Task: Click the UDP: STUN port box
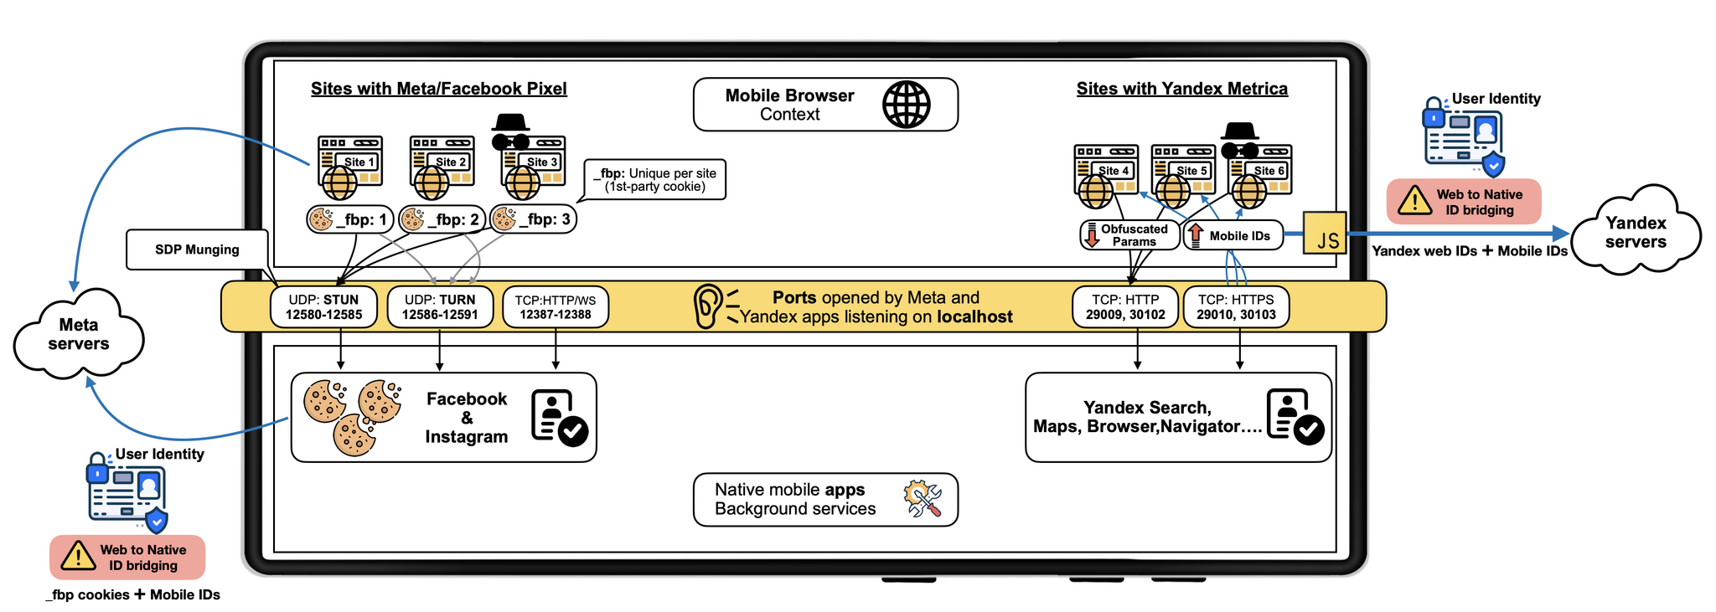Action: (323, 307)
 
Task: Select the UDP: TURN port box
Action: (440, 307)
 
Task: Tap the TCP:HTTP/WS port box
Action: (556, 307)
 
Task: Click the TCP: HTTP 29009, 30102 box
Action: (1125, 307)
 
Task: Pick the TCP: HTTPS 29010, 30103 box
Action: (1236, 307)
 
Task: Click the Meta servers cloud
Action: (79, 334)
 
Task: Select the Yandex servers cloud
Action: (1636, 232)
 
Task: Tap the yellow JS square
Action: (1325, 233)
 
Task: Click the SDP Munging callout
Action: (198, 249)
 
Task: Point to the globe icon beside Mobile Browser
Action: (907, 105)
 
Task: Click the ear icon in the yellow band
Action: (708, 306)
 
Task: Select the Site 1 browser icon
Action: (349, 166)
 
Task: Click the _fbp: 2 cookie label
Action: (442, 219)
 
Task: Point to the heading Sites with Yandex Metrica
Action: (1181, 89)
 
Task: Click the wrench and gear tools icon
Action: (923, 498)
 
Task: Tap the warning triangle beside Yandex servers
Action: (1414, 201)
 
